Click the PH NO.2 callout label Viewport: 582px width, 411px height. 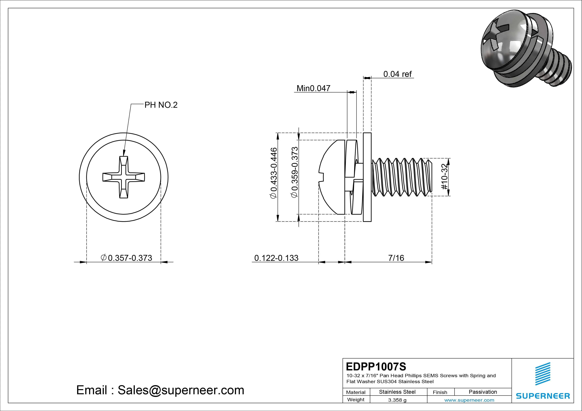pos(161,105)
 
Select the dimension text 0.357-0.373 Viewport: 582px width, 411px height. pos(130,258)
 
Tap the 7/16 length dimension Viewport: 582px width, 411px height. pos(396,258)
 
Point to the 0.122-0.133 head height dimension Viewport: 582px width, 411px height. pos(276,258)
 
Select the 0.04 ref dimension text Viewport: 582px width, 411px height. pos(397,74)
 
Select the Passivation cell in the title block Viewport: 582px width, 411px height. pos(483,392)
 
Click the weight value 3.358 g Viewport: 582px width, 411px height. pos(397,400)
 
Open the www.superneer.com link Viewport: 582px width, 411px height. pos(469,400)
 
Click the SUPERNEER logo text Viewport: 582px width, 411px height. pos(543,396)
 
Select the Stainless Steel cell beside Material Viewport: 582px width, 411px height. pos(397,392)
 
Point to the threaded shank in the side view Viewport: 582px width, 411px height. pos(402,177)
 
